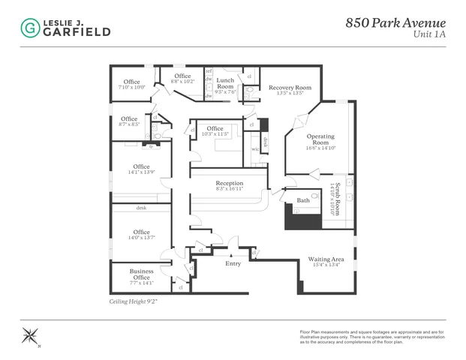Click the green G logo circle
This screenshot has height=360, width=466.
(x=31, y=28)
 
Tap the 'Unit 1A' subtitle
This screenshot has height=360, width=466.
(x=429, y=34)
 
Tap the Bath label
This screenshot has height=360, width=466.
(x=303, y=200)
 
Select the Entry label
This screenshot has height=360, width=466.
(x=233, y=263)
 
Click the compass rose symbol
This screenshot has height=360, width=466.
(x=32, y=335)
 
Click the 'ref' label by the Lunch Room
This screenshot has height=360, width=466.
(x=209, y=71)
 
